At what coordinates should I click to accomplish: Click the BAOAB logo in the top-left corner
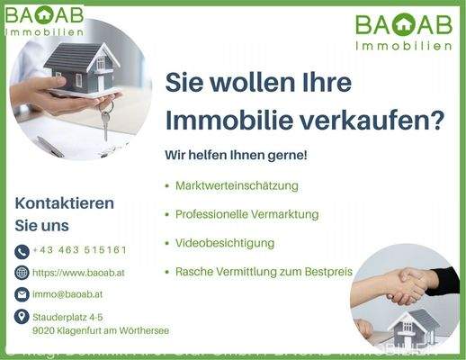45,21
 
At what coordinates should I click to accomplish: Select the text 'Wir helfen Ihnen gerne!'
236,155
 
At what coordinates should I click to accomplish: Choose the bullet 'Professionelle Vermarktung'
247,214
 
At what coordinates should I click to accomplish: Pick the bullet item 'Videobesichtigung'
225,243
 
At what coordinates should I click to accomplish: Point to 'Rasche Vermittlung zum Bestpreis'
264,271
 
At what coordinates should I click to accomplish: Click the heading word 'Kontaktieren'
65,203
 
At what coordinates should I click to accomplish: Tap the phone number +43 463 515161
79,250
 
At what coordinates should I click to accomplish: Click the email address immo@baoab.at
67,294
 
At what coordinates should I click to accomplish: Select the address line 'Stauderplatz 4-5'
67,317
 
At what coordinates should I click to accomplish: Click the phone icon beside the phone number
22,251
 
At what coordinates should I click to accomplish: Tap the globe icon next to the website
22,273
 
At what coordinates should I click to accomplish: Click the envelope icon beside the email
22,294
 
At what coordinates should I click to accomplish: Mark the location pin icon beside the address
22,317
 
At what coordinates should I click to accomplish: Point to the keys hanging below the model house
105,121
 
